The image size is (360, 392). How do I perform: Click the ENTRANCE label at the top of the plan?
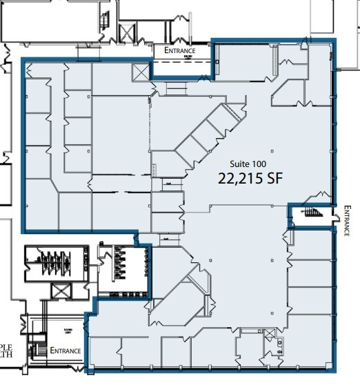(179, 50)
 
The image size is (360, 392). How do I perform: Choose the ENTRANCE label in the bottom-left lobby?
(66, 350)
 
